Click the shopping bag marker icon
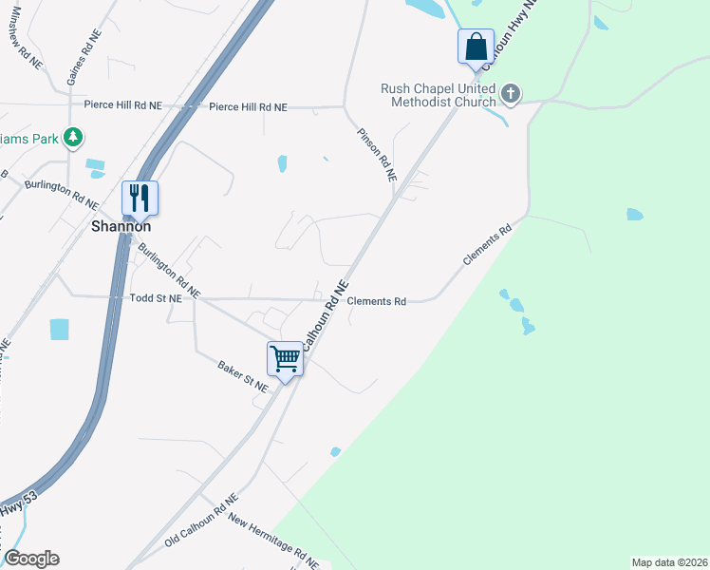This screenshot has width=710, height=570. [475, 46]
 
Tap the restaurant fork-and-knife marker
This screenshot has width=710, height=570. [140, 198]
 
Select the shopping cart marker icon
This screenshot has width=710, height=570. [285, 358]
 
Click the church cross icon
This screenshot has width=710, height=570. [511, 93]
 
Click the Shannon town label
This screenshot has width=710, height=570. [121, 227]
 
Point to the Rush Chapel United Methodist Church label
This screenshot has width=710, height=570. [438, 95]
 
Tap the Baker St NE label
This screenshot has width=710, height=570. [244, 371]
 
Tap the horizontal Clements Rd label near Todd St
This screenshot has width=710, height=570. [376, 301]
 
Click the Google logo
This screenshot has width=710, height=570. [31, 559]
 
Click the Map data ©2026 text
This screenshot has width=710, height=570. [668, 562]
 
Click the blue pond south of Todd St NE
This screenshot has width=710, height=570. [59, 329]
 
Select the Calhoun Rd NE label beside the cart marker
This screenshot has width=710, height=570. [323, 314]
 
